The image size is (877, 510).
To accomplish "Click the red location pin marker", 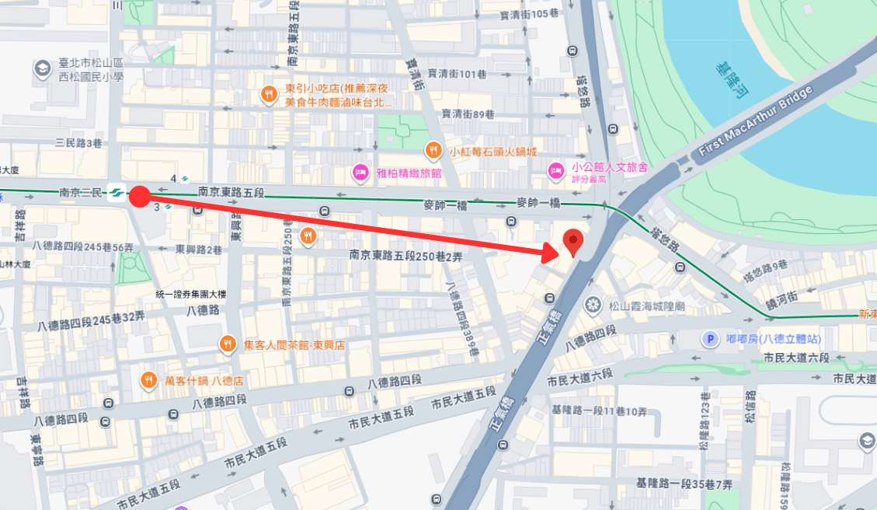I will coord(572,242).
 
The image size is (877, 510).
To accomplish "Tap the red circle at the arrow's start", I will coord(138,196).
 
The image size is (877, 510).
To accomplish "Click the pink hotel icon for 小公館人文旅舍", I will coord(556,169).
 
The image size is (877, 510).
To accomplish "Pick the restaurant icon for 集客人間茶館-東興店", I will coord(228,343).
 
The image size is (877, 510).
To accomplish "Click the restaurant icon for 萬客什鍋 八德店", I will coord(148,380).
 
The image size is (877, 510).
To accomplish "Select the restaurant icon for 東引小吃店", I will coord(269,94).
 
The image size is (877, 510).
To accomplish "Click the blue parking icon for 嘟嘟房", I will coord(709,338).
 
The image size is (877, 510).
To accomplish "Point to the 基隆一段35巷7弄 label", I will coord(684,484).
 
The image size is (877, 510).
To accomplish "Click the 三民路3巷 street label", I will coord(79,143).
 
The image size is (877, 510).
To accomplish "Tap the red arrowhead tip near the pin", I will coord(560,250).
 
